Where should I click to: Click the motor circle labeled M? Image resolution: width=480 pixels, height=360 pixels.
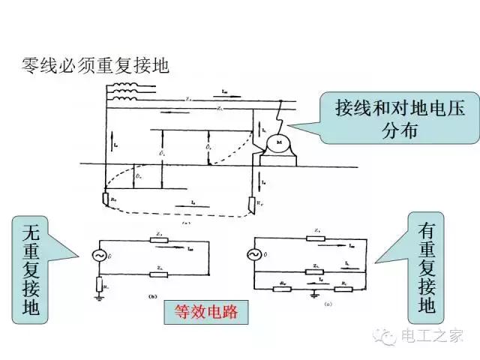pyautogui.click(x=278, y=142)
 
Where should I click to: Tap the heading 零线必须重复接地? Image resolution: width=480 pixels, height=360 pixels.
pyautogui.click(x=95, y=65)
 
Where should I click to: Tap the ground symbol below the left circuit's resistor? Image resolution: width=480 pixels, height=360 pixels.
pyautogui.click(x=98, y=298)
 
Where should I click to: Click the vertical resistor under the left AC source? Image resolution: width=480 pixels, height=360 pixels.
pyautogui.click(x=98, y=283)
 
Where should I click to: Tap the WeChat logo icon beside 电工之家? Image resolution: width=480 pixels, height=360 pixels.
pyautogui.click(x=391, y=334)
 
